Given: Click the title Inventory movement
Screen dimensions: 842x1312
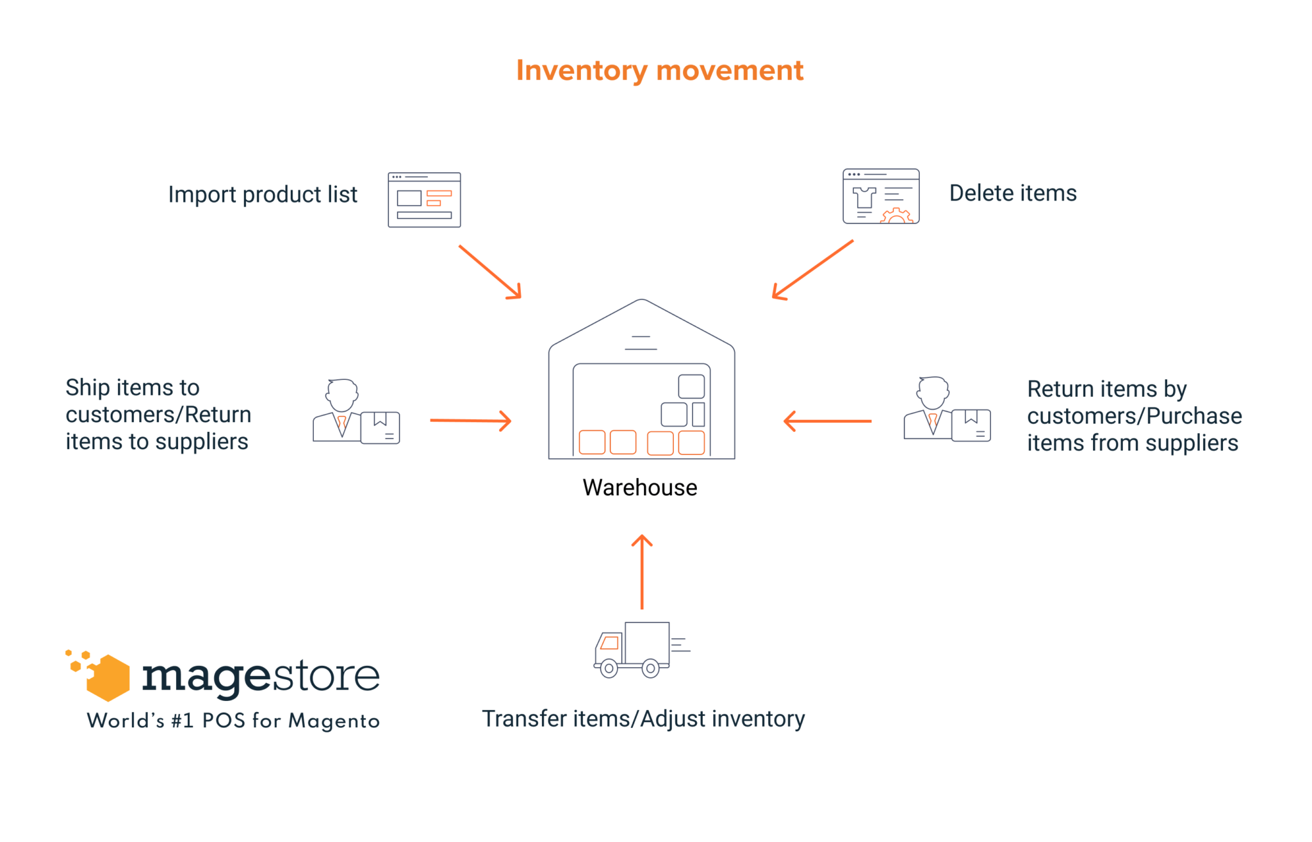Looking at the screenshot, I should pos(659,70).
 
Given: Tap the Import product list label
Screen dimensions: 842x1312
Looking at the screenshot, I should pos(263,194).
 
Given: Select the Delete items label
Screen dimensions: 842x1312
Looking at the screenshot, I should pos(1012,193).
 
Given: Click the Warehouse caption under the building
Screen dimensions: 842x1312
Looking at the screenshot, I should pos(639,488).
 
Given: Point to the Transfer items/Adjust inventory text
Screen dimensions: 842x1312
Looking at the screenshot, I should pos(643,719).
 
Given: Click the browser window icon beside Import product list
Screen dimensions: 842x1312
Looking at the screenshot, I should pos(424,200).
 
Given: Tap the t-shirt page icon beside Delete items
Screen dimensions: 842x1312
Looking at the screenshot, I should pos(880,197).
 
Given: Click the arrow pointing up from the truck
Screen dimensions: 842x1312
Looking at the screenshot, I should pos(642,571).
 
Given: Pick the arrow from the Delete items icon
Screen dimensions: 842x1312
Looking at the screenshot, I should pos(812,270).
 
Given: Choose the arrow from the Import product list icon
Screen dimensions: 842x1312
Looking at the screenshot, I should pos(490,272).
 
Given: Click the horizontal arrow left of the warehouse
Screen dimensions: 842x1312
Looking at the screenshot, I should pos(470,420).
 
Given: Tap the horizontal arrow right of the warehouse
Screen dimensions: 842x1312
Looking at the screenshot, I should pos(827,421).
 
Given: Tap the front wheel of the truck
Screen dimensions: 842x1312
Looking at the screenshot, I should pos(609,668).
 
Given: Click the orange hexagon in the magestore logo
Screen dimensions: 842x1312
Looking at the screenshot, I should pos(108,678).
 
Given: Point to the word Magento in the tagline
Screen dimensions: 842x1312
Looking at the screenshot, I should pos(334,721).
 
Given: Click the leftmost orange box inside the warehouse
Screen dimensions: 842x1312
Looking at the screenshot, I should pos(592,442).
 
